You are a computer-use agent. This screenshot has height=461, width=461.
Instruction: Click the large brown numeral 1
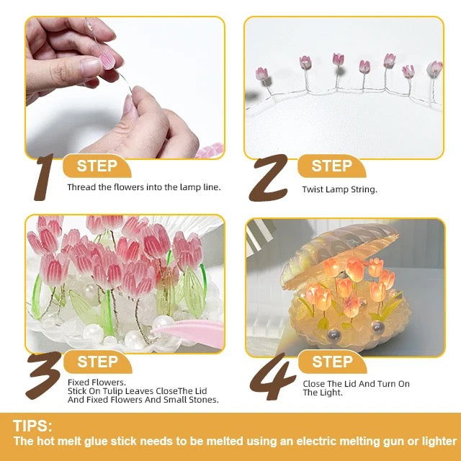[x=45, y=176]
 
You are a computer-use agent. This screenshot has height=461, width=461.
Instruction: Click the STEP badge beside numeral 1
[x=97, y=166]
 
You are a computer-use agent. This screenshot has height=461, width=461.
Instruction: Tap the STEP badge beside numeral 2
[x=331, y=166]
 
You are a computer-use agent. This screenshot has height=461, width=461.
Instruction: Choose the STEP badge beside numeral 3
[x=97, y=362]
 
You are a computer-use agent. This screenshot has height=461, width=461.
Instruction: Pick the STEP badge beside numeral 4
[x=331, y=362]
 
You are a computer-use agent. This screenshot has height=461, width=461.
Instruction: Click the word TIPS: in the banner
[x=32, y=426]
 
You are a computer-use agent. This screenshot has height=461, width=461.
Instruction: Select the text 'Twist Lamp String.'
[x=339, y=190]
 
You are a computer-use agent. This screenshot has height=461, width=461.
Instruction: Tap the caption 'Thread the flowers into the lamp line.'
[x=144, y=187]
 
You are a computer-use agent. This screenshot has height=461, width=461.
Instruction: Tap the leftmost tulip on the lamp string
[x=261, y=74]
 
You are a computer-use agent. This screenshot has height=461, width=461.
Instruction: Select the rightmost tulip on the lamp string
[x=434, y=68]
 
